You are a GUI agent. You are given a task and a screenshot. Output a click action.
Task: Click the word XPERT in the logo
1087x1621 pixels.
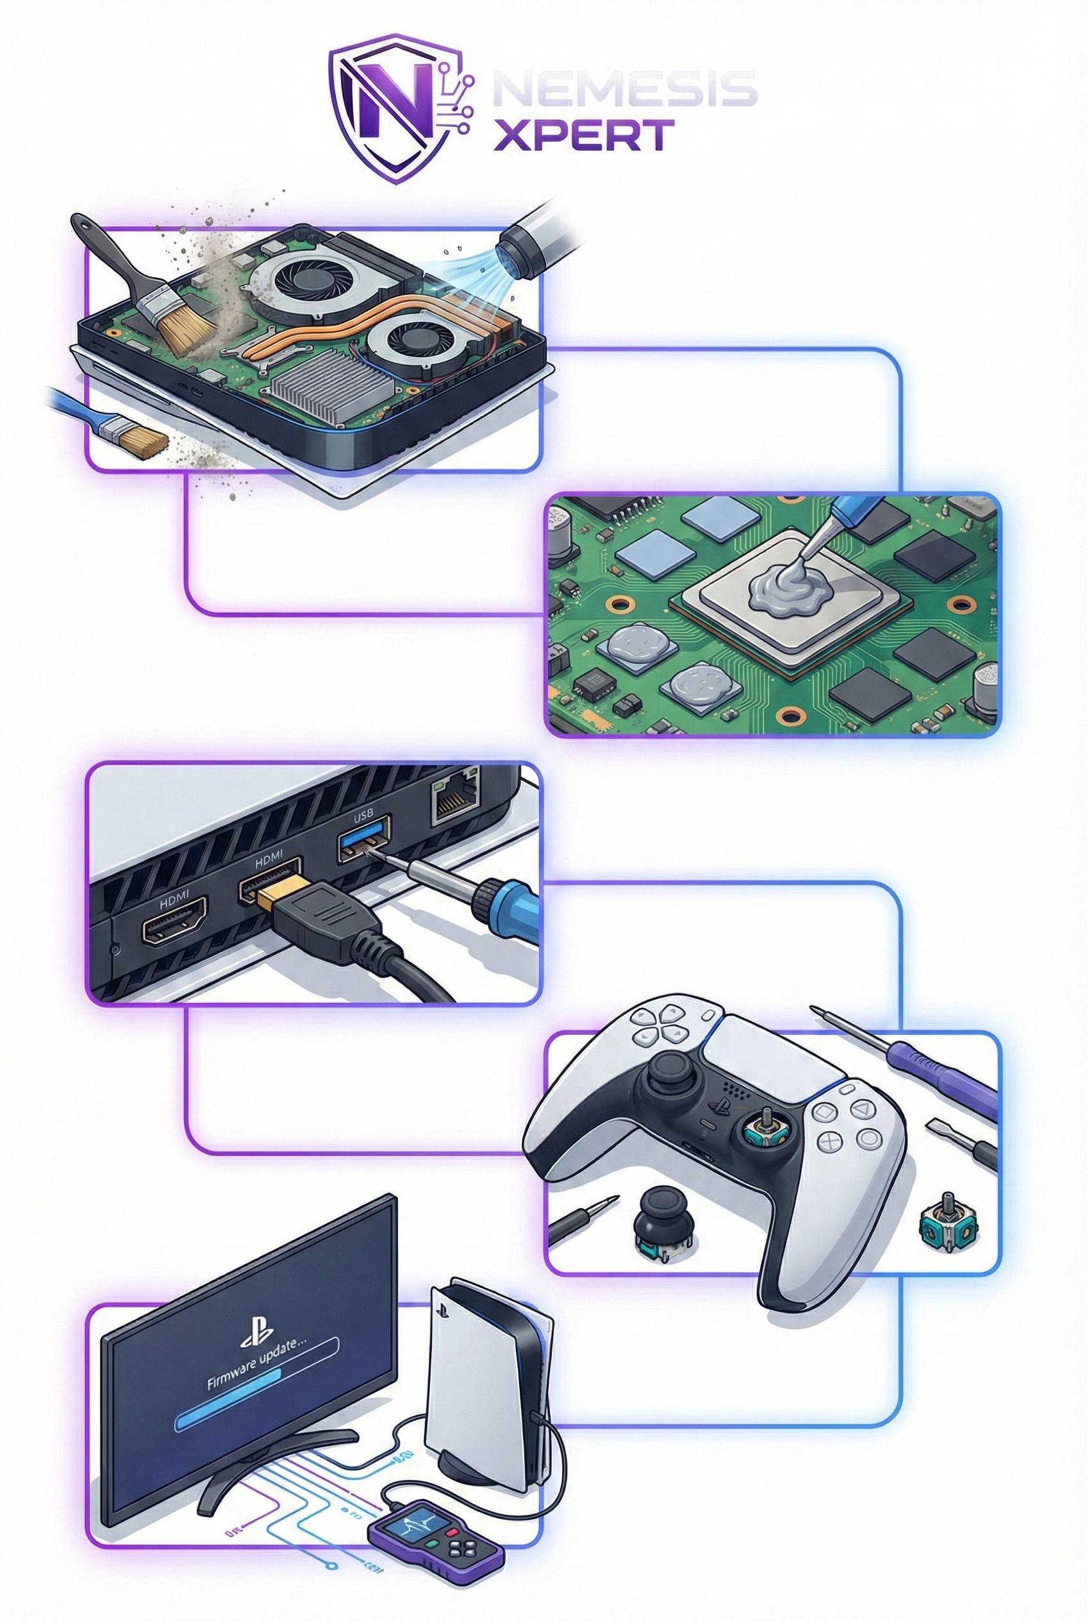coord(583,135)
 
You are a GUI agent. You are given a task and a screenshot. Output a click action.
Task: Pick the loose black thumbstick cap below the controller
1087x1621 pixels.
coord(655,1221)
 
